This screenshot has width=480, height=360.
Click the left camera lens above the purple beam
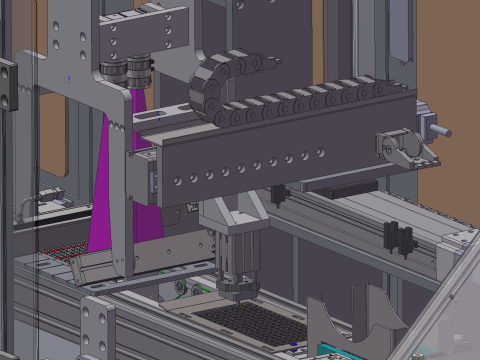click(x=111, y=73)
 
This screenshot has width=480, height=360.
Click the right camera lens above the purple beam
click(x=138, y=72)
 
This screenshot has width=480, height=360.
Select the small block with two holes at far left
click(x=8, y=84)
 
